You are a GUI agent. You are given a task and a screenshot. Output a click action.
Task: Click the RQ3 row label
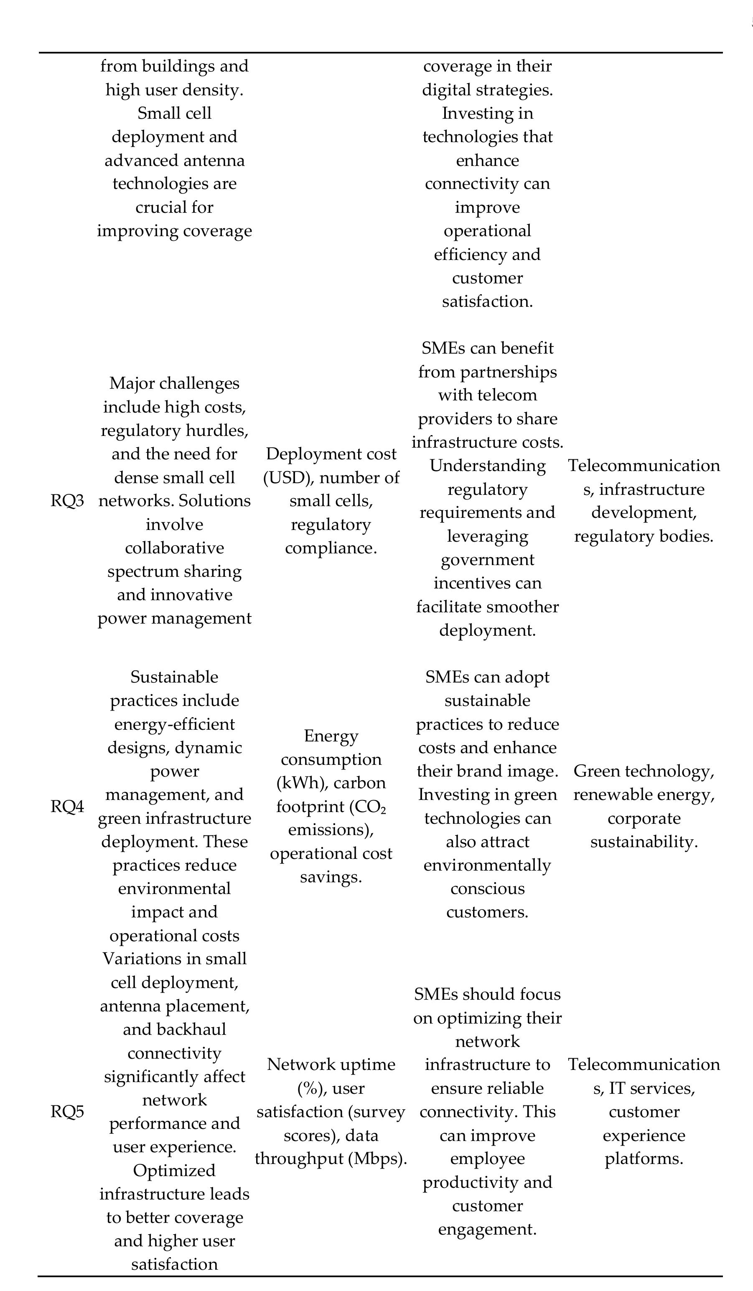click(67, 501)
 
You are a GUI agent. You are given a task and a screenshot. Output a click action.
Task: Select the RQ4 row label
click(67, 806)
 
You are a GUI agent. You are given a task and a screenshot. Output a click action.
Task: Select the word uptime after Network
click(364, 1064)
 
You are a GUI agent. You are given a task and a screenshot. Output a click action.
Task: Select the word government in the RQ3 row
click(487, 560)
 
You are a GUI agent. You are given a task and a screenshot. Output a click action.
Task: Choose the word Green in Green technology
click(596, 771)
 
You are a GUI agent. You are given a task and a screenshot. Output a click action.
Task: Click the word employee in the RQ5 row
click(487, 1159)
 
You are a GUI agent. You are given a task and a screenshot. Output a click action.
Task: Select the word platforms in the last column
click(644, 1159)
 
